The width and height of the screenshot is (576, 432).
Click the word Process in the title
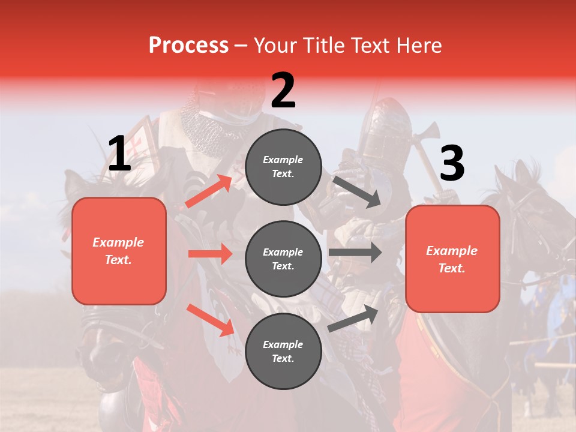[x=188, y=46]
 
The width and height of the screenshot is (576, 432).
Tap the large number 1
[x=119, y=154]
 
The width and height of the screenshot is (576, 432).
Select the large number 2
[x=283, y=91]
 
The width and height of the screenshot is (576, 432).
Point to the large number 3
[x=452, y=164]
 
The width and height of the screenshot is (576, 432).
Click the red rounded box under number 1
[x=119, y=251]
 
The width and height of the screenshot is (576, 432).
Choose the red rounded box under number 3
[x=452, y=259]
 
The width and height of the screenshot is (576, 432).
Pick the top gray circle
[x=283, y=167]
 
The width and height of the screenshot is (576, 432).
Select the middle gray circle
[x=283, y=259]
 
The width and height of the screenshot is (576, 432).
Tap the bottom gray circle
[x=283, y=351]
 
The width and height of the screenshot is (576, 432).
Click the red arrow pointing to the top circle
[x=208, y=191]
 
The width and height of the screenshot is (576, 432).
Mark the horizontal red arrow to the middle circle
[x=210, y=254]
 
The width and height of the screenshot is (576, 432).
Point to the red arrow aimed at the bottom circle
[x=211, y=319]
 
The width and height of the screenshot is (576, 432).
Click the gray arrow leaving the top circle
[x=356, y=191]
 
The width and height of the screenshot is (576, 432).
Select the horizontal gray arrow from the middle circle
[x=355, y=253]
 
